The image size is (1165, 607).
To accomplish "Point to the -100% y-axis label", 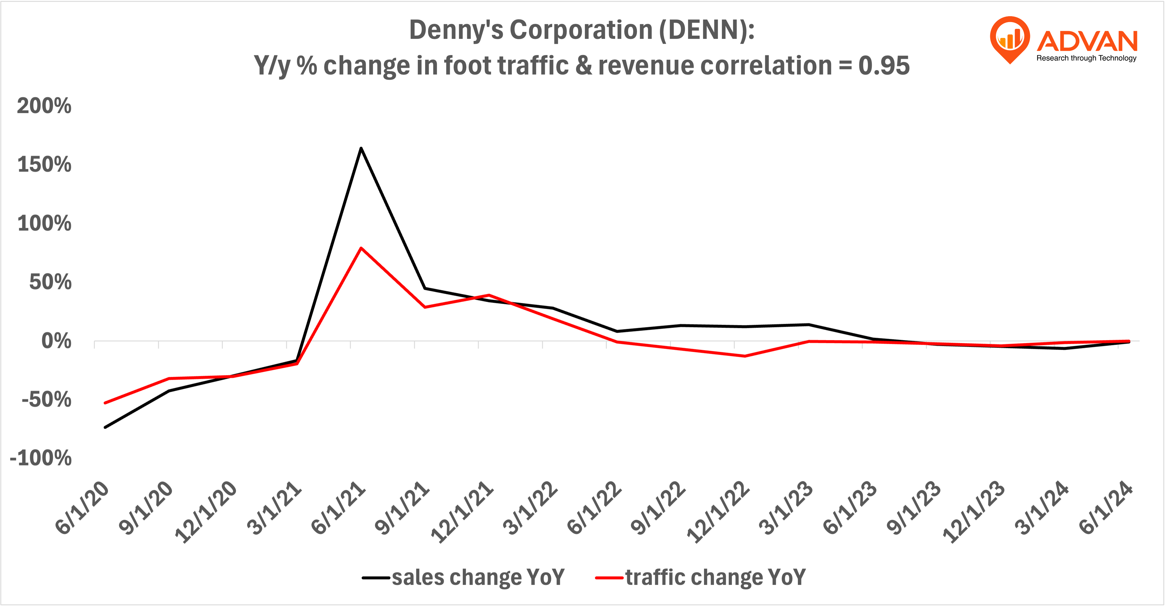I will point(41,458).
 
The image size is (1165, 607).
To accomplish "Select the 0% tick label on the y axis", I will point(56,341).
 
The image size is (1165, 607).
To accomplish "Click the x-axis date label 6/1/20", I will point(82,508).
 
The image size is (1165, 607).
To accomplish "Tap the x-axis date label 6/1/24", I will point(1106,508).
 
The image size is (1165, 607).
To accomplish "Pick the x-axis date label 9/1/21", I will point(402,508).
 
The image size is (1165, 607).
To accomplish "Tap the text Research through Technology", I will point(1086,58).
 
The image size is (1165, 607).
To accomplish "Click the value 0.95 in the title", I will point(884,66).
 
